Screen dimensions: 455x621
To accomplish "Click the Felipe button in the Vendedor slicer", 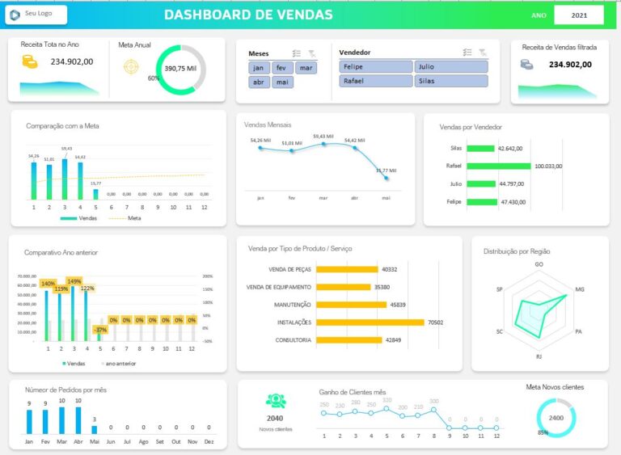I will (375, 67).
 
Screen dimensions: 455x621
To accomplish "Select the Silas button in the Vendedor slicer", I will (451, 81).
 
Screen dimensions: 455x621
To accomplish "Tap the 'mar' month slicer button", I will (306, 68).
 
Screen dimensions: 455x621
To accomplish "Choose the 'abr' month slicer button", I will (259, 82).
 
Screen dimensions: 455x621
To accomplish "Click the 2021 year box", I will (579, 15).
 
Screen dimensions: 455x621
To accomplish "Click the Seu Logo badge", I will (36, 15).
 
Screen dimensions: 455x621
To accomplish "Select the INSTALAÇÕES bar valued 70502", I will (370, 322).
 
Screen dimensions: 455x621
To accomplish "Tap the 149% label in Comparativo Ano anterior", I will (74, 282).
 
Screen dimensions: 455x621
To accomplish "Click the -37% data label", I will (100, 330).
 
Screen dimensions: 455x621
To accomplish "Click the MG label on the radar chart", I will (579, 289).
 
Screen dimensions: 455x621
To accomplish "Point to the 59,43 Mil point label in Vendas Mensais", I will (323, 137).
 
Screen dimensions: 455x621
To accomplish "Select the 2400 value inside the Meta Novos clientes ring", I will (556, 418).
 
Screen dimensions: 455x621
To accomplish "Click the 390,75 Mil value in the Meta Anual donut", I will (180, 69).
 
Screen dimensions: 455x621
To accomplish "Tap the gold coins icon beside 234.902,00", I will (30, 61).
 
